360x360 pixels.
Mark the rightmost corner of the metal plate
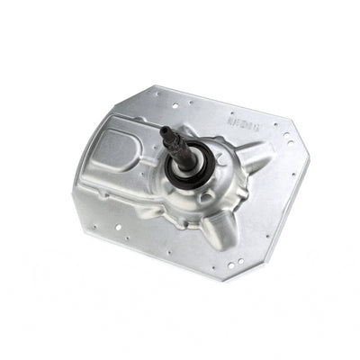[x=309, y=170]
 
